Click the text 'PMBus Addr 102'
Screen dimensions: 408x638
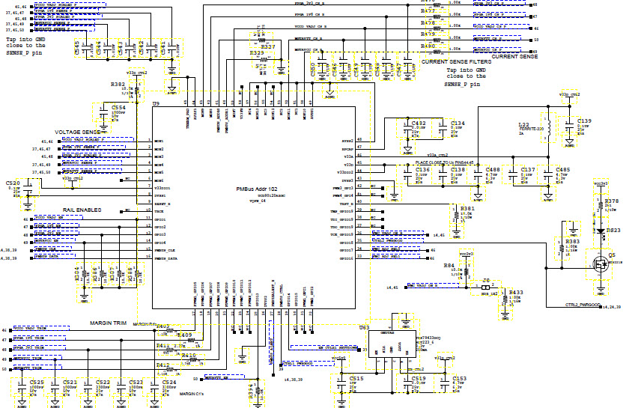coord(257,189)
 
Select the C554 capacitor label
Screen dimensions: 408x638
coord(118,108)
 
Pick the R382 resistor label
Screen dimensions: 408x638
coord(118,85)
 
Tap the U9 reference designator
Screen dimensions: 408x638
coord(156,104)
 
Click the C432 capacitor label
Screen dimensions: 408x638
coord(419,123)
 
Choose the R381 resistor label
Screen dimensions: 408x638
coord(467,208)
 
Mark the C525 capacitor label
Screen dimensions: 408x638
coord(37,382)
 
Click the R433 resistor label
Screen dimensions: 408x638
coord(516,291)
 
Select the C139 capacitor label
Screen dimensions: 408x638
coord(584,121)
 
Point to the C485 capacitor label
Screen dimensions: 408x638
coord(562,170)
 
